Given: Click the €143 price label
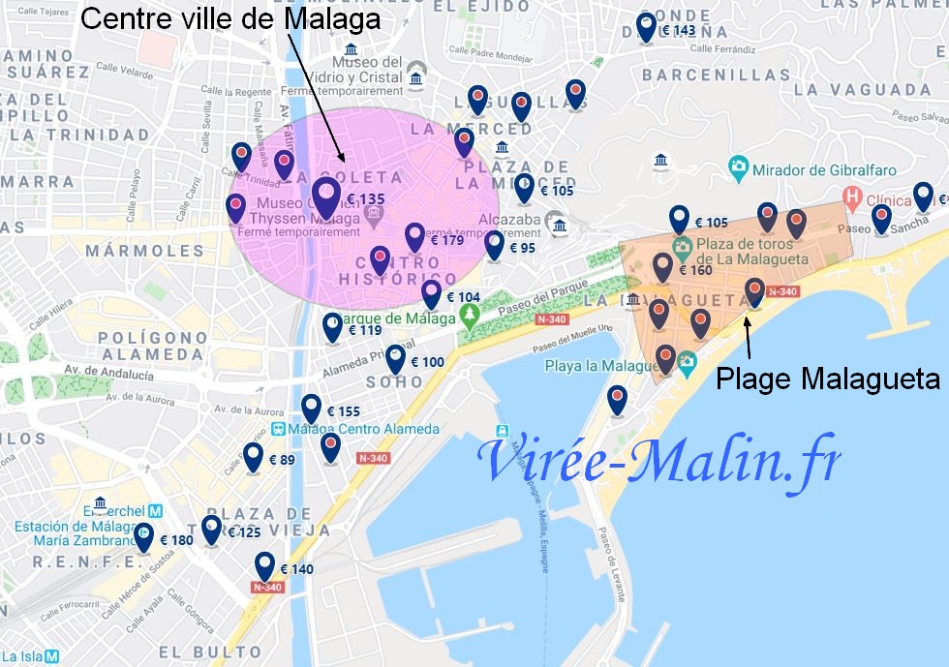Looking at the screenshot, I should (677, 31).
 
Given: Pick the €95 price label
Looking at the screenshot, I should (521, 249).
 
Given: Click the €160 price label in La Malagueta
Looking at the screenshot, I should (695, 271).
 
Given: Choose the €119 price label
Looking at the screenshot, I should (364, 331).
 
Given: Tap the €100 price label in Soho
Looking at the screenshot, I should (427, 363).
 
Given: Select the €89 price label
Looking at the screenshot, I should (281, 461).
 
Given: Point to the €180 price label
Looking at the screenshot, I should (176, 541).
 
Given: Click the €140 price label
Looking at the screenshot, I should (295, 570).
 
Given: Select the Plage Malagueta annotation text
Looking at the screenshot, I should (827, 379).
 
